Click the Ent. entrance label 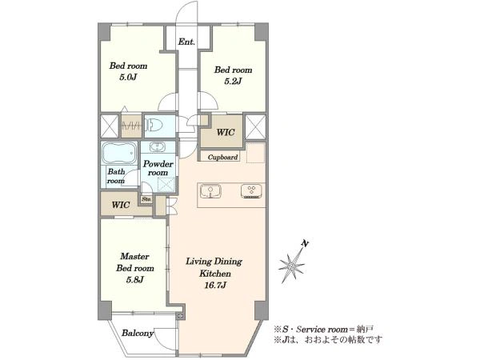pos(186,42)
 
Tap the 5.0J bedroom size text pos(128,77)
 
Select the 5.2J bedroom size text pos(233,81)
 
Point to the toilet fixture pos(154,126)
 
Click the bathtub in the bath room pos(118,153)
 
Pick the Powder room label pos(158,168)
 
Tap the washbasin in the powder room pos(158,147)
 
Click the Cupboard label pos(222,158)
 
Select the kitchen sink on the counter pos(211,192)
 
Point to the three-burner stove pos(251,191)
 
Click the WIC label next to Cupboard pos(226,133)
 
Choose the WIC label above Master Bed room pos(121,205)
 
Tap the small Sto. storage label pos(146,199)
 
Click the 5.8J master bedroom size pos(134,280)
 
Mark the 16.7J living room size pos(215,286)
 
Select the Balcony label pos(138,333)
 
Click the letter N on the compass pos(305,244)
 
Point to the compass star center pos(292,266)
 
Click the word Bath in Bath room pos(116,172)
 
